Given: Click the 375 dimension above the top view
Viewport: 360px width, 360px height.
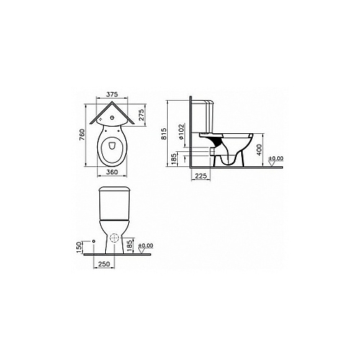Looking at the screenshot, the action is coord(112,94).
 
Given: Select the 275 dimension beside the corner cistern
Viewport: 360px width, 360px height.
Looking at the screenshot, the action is coord(141,114).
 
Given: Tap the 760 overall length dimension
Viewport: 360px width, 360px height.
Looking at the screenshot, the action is coord(82,135).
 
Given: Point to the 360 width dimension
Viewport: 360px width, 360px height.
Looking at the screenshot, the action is coord(112,172).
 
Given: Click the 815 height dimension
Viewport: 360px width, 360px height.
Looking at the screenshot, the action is coord(163,133).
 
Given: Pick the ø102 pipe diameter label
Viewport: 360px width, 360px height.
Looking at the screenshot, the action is coord(181,132).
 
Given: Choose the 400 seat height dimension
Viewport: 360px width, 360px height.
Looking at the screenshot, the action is coord(259,150).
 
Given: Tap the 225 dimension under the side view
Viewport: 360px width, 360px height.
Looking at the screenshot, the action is coord(201,176).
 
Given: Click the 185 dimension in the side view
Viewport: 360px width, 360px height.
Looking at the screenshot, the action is coord(174,158).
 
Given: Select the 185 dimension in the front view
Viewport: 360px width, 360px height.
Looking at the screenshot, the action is coord(130,246).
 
